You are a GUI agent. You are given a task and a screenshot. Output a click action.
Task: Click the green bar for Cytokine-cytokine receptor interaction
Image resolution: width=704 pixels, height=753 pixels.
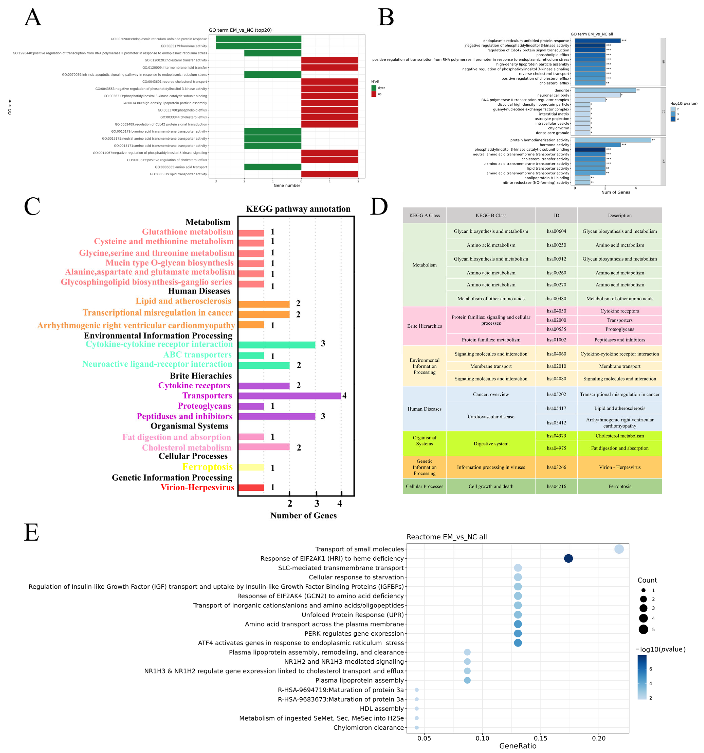click(x=277, y=345)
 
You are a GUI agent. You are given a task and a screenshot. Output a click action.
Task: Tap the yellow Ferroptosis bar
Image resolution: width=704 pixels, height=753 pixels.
click(x=251, y=467)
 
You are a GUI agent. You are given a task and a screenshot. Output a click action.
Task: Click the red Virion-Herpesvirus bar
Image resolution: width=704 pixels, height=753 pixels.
click(x=251, y=488)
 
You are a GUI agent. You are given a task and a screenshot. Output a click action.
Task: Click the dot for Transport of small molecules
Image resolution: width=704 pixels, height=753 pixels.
click(x=619, y=549)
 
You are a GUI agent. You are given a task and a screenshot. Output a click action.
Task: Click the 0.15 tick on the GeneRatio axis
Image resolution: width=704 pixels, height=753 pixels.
click(x=540, y=738)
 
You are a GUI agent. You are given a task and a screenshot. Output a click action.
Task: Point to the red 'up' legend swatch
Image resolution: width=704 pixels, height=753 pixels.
click(x=374, y=94)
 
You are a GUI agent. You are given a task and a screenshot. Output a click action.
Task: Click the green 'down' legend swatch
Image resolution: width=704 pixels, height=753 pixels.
click(x=374, y=88)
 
